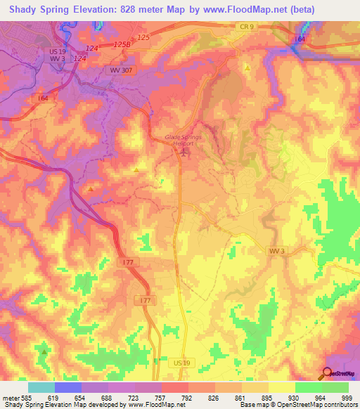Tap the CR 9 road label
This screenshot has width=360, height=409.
click(243, 25)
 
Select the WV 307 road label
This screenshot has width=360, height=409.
click(120, 70)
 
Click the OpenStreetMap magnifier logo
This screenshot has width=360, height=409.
click(328, 372)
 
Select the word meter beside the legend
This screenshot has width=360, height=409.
click(9, 398)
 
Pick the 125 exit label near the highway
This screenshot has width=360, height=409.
click(143, 37)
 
